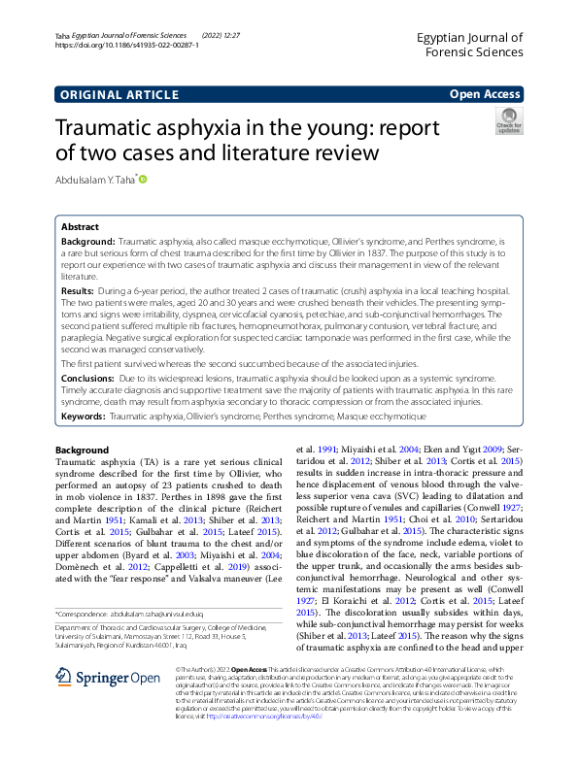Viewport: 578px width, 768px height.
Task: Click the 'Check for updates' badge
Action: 508,122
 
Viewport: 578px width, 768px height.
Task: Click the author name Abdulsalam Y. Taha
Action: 96,180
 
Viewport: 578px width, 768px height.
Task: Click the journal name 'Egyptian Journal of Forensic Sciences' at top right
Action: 468,46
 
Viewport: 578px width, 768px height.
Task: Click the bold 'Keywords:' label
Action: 83,416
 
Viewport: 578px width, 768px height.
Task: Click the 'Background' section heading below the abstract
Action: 83,451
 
